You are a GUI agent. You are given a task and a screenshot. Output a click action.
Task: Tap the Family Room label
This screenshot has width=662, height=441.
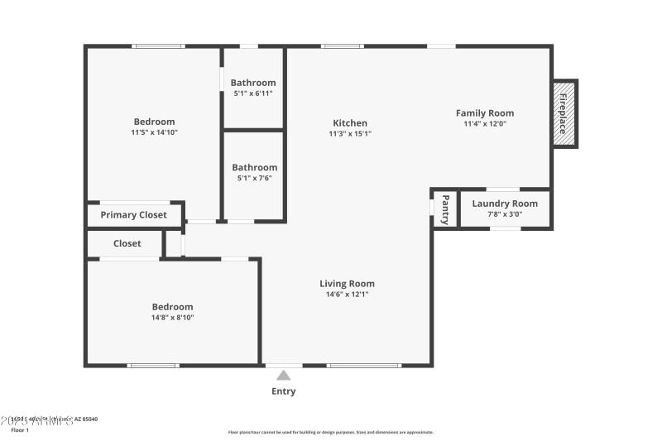click(x=485, y=113)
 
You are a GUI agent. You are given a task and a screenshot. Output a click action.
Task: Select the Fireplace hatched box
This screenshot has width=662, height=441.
click(x=564, y=113)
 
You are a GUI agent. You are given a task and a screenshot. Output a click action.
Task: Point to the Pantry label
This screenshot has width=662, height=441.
click(x=445, y=209)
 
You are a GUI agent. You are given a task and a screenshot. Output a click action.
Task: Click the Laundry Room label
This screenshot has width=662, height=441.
click(x=505, y=204)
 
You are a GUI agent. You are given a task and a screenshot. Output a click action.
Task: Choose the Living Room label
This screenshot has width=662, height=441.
click(x=347, y=284)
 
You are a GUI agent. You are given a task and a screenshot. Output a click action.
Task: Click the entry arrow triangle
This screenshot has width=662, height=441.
click(x=283, y=376)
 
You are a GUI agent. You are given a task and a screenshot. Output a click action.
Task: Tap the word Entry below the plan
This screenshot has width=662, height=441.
click(x=283, y=391)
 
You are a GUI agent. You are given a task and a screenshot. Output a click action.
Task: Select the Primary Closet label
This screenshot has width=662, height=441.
click(x=133, y=215)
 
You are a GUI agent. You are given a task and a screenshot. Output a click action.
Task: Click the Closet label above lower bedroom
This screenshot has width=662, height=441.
click(x=127, y=244)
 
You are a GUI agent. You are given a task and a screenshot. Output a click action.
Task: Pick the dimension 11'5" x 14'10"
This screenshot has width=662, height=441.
click(x=154, y=132)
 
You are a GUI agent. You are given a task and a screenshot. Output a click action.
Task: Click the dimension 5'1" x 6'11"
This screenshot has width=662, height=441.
click(x=253, y=93)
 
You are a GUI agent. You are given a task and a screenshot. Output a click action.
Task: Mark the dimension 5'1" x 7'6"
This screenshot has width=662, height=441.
click(x=254, y=178)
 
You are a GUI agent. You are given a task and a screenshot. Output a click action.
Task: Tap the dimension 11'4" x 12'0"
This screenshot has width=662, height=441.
click(x=485, y=123)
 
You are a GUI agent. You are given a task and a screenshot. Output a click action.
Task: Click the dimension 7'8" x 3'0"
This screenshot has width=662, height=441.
click(x=505, y=214)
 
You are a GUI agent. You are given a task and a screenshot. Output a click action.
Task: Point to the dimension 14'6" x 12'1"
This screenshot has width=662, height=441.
click(x=347, y=294)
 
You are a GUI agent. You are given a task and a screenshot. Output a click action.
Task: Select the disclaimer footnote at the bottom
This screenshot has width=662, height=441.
click(x=330, y=432)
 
